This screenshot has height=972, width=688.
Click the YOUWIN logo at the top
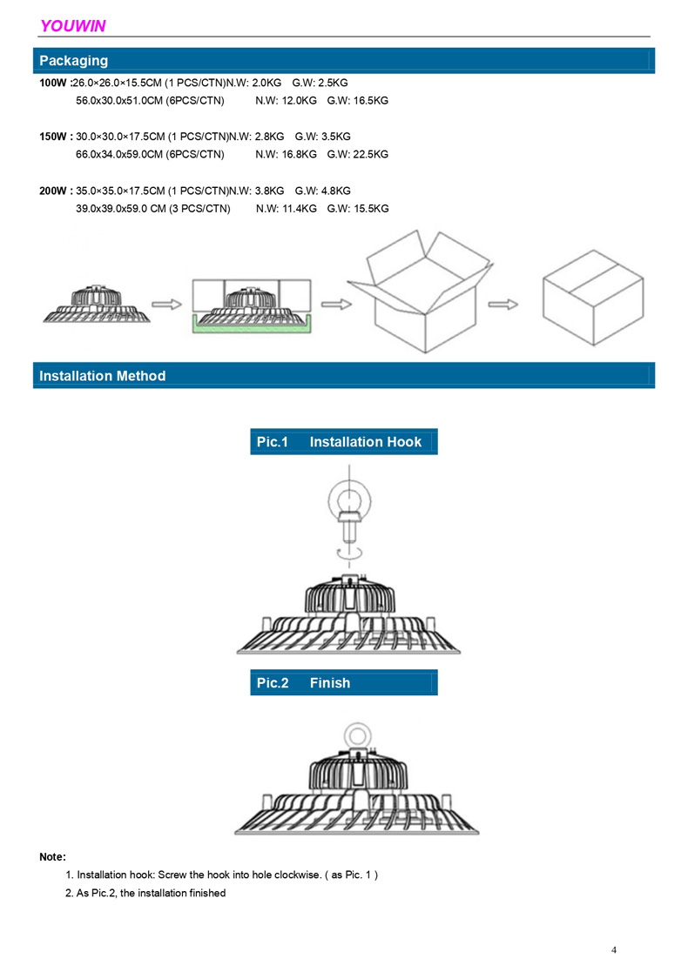click(x=72, y=26)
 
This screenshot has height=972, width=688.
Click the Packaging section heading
click(x=73, y=61)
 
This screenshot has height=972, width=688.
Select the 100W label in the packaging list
click(x=53, y=83)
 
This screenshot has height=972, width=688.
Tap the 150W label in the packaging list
click(x=53, y=137)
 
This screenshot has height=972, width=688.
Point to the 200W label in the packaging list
click(x=53, y=191)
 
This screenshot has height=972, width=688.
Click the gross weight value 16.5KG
click(x=371, y=100)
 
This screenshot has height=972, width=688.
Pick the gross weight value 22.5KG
click(x=371, y=154)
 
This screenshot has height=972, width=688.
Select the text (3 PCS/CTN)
click(x=199, y=209)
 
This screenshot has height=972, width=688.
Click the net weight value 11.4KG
click(x=299, y=209)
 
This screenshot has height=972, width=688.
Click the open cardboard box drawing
click(x=421, y=292)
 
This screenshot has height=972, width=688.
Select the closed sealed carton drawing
click(x=593, y=298)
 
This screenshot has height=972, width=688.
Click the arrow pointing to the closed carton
click(x=503, y=304)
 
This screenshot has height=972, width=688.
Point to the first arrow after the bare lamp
click(x=167, y=304)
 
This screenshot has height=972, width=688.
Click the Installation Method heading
click(x=103, y=376)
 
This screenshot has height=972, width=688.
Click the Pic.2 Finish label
click(x=303, y=683)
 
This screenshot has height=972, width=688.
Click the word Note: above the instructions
click(x=53, y=857)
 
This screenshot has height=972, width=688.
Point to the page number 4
click(x=614, y=949)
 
